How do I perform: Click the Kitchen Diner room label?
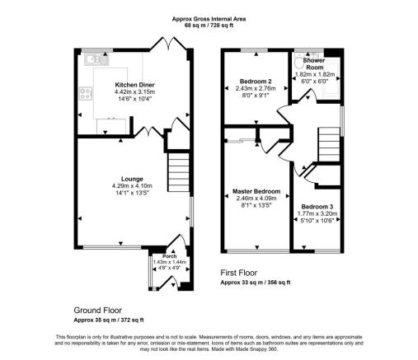click(134, 85)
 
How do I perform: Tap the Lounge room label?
click(132, 179)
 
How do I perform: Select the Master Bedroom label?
click(256, 191)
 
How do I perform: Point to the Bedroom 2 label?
click(256, 82)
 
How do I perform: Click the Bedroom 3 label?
click(317, 207)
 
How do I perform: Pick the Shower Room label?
click(314, 63)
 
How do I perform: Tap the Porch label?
click(170, 256)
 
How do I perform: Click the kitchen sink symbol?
click(96, 59)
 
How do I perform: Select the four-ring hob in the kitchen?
click(86, 93)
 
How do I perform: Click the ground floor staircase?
click(179, 172)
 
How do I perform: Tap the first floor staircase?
click(329, 145)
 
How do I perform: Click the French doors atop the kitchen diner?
click(168, 44)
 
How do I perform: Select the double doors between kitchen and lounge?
click(149, 131)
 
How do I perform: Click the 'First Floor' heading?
click(239, 273)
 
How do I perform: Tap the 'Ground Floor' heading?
click(98, 311)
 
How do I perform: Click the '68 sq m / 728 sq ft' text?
click(209, 26)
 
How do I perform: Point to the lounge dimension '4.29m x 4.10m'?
click(132, 186)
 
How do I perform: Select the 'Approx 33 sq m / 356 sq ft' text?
click(256, 283)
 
